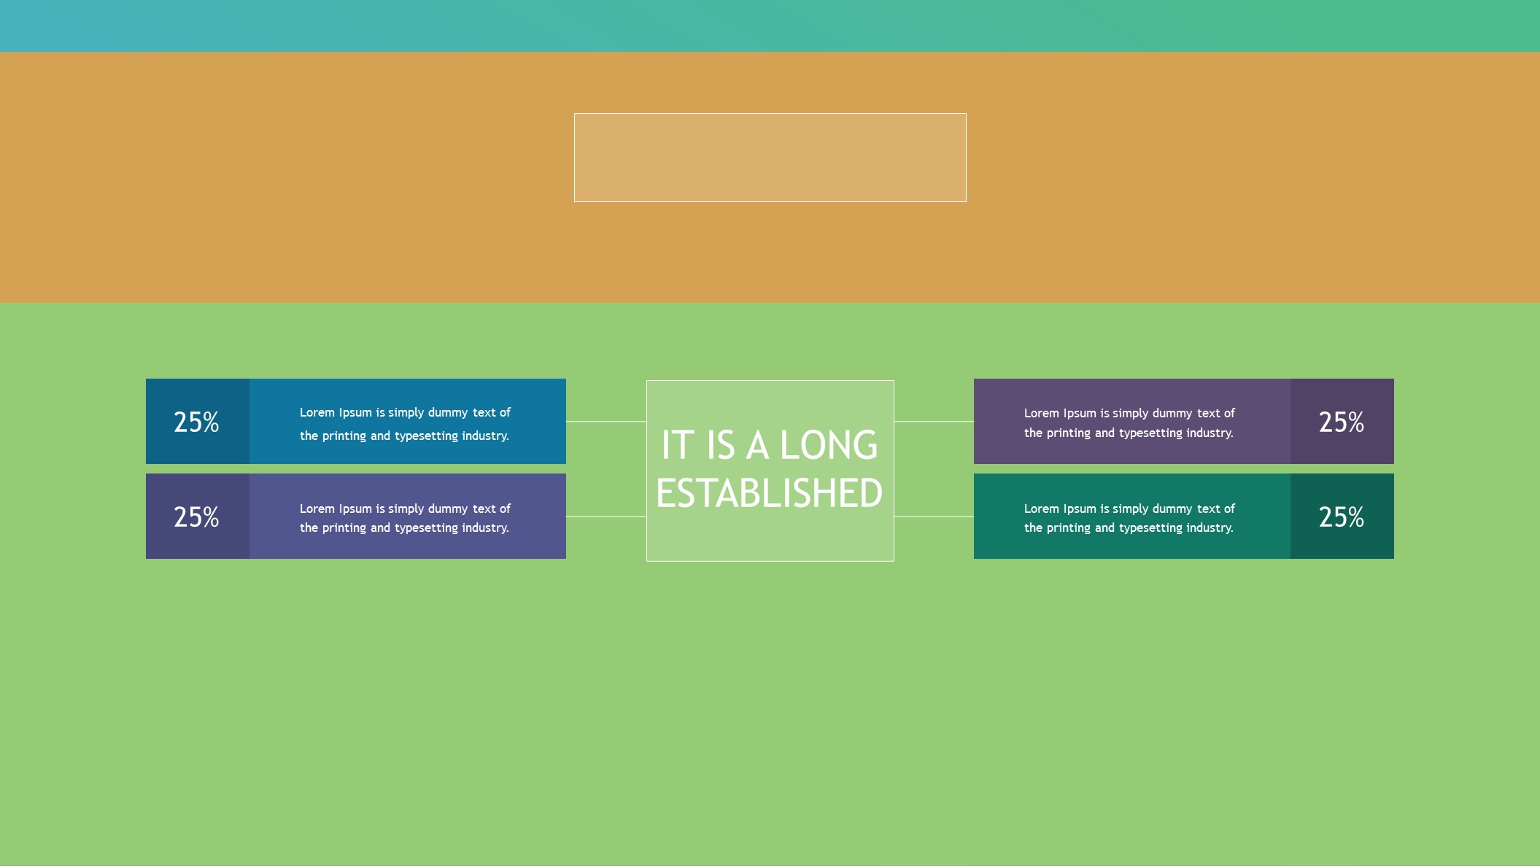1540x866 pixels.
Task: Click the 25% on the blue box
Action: (x=196, y=422)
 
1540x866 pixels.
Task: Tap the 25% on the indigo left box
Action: (x=196, y=517)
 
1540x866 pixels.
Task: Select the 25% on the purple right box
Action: (x=1342, y=422)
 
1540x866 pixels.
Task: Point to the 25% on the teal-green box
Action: (x=1342, y=517)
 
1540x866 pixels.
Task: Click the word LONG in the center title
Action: (x=829, y=445)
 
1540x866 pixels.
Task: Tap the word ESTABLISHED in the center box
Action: (x=770, y=493)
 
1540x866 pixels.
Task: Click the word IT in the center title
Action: (x=678, y=445)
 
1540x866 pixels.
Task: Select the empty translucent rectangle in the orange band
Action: (x=770, y=158)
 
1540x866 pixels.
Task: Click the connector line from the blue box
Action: (x=606, y=421)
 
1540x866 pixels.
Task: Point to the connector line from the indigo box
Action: (x=606, y=517)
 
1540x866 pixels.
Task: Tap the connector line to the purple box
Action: (x=934, y=421)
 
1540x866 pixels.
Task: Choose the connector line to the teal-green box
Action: (x=934, y=517)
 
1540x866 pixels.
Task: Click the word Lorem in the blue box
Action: (x=317, y=412)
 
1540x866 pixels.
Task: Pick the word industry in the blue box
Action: (x=485, y=436)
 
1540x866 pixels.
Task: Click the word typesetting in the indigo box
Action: (x=426, y=528)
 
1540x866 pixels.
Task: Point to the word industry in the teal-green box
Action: (x=1210, y=528)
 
